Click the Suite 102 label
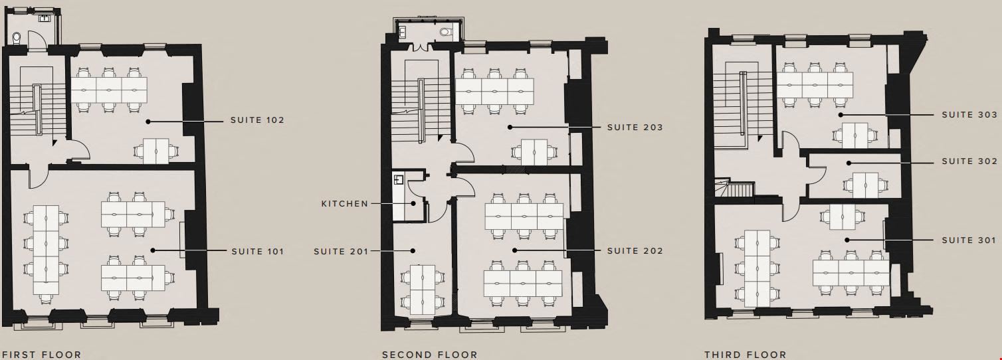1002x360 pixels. [257, 120]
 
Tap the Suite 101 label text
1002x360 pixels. [258, 251]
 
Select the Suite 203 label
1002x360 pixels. [635, 128]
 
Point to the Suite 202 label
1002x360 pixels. [635, 251]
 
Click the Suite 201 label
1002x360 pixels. [341, 251]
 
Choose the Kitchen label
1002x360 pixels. [344, 204]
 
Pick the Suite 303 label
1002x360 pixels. [969, 115]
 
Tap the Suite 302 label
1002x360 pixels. [969, 161]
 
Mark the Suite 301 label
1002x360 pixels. [969, 240]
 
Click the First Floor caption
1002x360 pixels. [42, 355]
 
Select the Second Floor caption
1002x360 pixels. [429, 355]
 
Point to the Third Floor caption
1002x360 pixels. [746, 355]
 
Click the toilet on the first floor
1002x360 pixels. [17, 39]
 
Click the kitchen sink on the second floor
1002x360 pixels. [399, 180]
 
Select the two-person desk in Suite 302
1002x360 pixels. [865, 185]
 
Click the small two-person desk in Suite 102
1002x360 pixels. [155, 151]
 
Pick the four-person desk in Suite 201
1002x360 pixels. [423, 290]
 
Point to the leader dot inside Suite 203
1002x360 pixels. [510, 128]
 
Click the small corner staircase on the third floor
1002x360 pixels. [734, 188]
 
